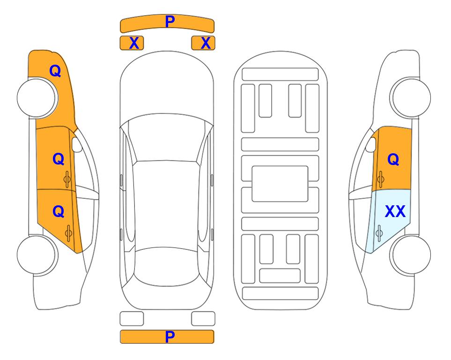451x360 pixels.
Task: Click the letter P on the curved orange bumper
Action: coord(170,22)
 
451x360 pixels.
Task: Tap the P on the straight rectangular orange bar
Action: coord(170,337)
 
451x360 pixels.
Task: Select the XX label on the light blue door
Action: coord(395,211)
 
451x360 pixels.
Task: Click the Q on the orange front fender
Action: coord(55,71)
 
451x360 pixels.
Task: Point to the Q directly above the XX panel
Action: coord(393,159)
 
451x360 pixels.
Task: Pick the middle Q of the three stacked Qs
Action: coord(59,159)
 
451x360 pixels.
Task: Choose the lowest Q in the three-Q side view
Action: coord(59,212)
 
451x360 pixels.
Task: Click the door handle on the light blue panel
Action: coord(379,233)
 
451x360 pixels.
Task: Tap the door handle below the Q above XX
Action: coord(381,179)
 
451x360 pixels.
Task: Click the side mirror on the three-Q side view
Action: coord(76,144)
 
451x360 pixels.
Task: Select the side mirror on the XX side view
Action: coord(371,144)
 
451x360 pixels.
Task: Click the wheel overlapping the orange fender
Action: coord(37,98)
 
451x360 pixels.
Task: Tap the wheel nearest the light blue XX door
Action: coord(410,255)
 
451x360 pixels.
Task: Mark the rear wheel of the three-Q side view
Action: coord(37,255)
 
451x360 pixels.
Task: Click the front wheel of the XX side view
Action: coord(410,98)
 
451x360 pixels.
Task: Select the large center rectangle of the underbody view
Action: coord(280,184)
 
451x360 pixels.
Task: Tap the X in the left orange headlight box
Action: coord(134,43)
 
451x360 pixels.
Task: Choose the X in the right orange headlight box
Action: coord(206,43)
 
